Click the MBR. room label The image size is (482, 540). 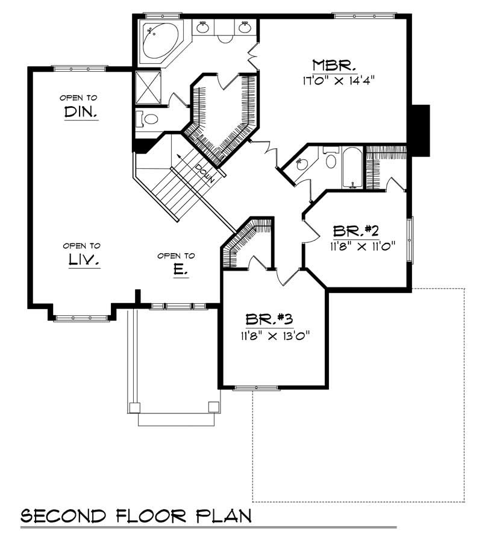click(x=335, y=64)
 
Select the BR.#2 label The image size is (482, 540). click(x=355, y=231)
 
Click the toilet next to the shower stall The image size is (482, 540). click(x=148, y=119)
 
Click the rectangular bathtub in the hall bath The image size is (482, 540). click(x=352, y=167)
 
